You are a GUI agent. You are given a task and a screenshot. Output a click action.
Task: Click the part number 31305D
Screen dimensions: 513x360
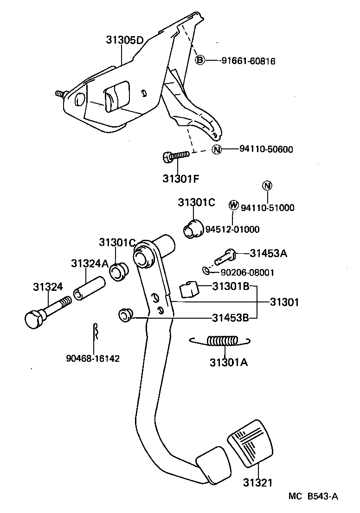coord(125,40)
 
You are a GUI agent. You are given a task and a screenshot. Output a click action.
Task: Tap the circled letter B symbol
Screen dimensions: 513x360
coord(199,60)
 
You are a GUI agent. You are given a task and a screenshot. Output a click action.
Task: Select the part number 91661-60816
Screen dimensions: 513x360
coord(248,61)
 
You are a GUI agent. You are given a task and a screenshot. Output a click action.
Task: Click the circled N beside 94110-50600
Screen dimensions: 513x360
coord(217,149)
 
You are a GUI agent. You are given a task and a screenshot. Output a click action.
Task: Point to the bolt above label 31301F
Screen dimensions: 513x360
coord(176,157)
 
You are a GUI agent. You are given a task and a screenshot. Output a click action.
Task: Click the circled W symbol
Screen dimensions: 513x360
coord(234,205)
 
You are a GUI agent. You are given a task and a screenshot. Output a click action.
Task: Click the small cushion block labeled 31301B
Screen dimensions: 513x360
coord(188,290)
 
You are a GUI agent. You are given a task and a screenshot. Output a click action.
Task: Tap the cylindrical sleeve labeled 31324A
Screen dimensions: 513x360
coord(87,288)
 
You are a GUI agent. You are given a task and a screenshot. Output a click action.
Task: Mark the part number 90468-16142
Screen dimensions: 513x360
coord(93,359)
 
